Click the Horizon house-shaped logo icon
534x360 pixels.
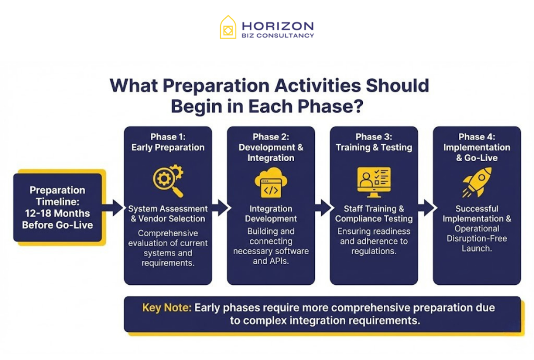228,27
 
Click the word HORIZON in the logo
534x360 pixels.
277,25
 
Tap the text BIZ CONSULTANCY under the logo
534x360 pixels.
277,35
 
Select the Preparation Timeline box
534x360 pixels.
57,207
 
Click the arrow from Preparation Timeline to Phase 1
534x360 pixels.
113,207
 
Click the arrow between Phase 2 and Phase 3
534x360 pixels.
323,207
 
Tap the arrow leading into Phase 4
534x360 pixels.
426,207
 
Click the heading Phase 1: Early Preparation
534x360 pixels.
168,142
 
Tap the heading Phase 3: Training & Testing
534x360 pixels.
373,142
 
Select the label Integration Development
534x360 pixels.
271,213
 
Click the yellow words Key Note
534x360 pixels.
166,307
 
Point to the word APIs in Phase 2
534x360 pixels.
279,261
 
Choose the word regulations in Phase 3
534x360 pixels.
374,251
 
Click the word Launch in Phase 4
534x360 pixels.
476,248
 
